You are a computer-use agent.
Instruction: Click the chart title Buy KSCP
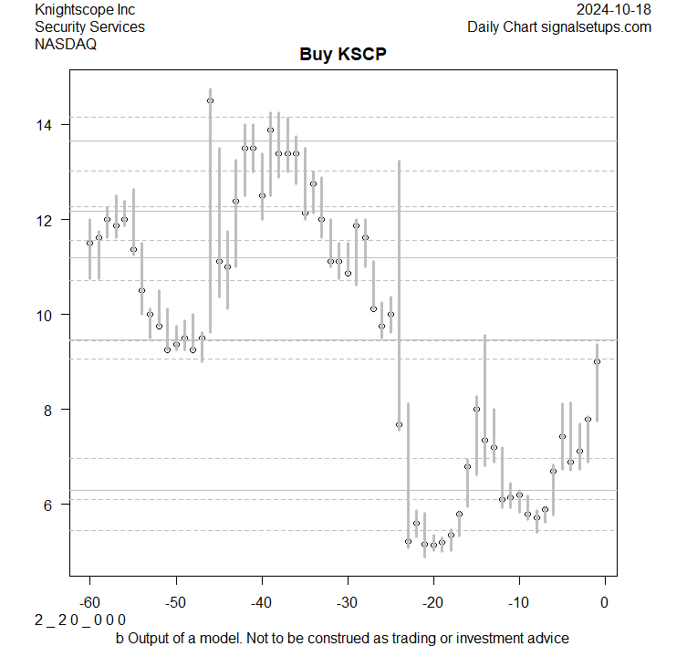[343, 54]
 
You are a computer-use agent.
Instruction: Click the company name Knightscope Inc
[85, 10]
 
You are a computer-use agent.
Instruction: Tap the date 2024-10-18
[614, 10]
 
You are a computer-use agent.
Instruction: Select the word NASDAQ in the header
[66, 44]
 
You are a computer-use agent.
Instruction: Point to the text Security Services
[89, 27]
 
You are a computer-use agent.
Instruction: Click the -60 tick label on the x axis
[89, 601]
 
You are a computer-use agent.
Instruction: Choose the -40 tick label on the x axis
[261, 601]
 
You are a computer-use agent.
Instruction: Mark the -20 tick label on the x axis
[432, 601]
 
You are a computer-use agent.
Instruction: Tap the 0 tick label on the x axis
[604, 601]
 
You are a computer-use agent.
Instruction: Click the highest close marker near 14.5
[210, 101]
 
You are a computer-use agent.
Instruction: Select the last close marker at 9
[597, 361]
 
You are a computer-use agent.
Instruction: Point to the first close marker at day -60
[89, 243]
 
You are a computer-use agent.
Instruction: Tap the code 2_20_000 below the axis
[79, 620]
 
